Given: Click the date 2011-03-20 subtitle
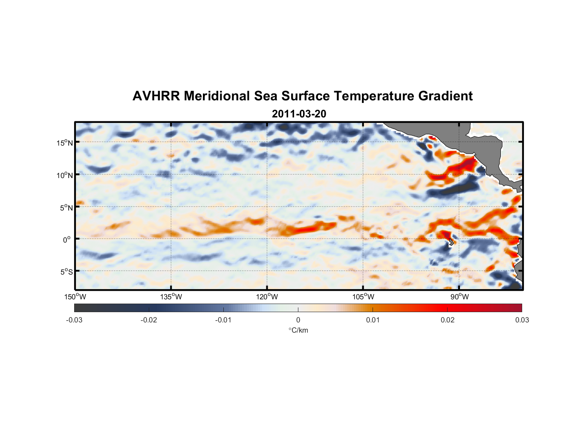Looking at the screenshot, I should point(299,114).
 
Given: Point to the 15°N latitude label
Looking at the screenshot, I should point(64,143).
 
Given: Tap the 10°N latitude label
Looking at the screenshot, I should point(64,175).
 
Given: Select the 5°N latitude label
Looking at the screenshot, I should point(66,208).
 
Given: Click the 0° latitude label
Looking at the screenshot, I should point(67,240).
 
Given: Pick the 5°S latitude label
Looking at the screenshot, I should point(66,272).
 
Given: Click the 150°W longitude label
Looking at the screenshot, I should point(75,297).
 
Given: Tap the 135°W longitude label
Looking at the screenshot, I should point(171,297).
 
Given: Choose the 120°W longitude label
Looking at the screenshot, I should point(267,297).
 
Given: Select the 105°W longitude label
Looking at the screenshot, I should point(363,297).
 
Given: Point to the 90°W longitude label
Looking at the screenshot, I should point(459,297).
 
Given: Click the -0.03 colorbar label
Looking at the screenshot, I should point(74,320).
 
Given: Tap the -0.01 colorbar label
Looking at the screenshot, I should point(223,320).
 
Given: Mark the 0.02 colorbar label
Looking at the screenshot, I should point(448,320).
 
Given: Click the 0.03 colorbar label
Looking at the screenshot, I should point(522,320).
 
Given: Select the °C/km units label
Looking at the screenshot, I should point(298,330).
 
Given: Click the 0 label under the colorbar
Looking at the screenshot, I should point(298,320).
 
